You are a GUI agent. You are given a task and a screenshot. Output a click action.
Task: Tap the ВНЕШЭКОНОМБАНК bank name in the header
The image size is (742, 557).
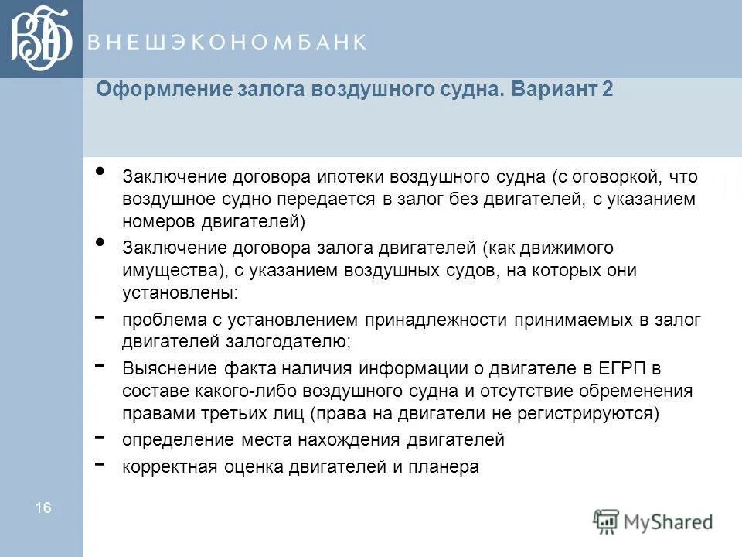pyautogui.click(x=226, y=43)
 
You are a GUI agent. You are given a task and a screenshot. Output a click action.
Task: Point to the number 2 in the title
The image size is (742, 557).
pyautogui.click(x=608, y=89)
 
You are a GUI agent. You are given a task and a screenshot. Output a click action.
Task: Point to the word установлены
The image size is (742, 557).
pyautogui.click(x=179, y=293)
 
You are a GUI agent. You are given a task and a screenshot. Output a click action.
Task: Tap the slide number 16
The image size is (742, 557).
pyautogui.click(x=43, y=507)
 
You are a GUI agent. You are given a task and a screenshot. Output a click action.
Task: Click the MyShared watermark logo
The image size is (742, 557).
pyautogui.click(x=654, y=521)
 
